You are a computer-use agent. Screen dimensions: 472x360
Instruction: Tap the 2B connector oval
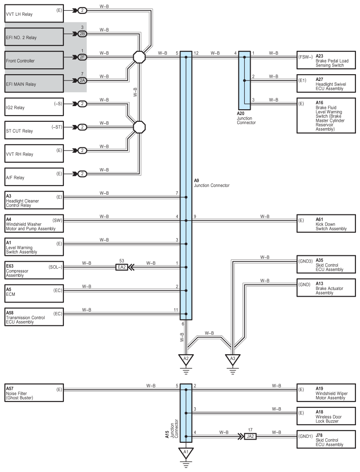[82, 33]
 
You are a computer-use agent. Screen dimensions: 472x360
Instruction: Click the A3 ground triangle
[233, 359]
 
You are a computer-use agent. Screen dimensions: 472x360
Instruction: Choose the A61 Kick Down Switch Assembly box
[326, 223]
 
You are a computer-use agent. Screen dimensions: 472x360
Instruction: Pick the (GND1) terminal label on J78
[306, 436]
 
